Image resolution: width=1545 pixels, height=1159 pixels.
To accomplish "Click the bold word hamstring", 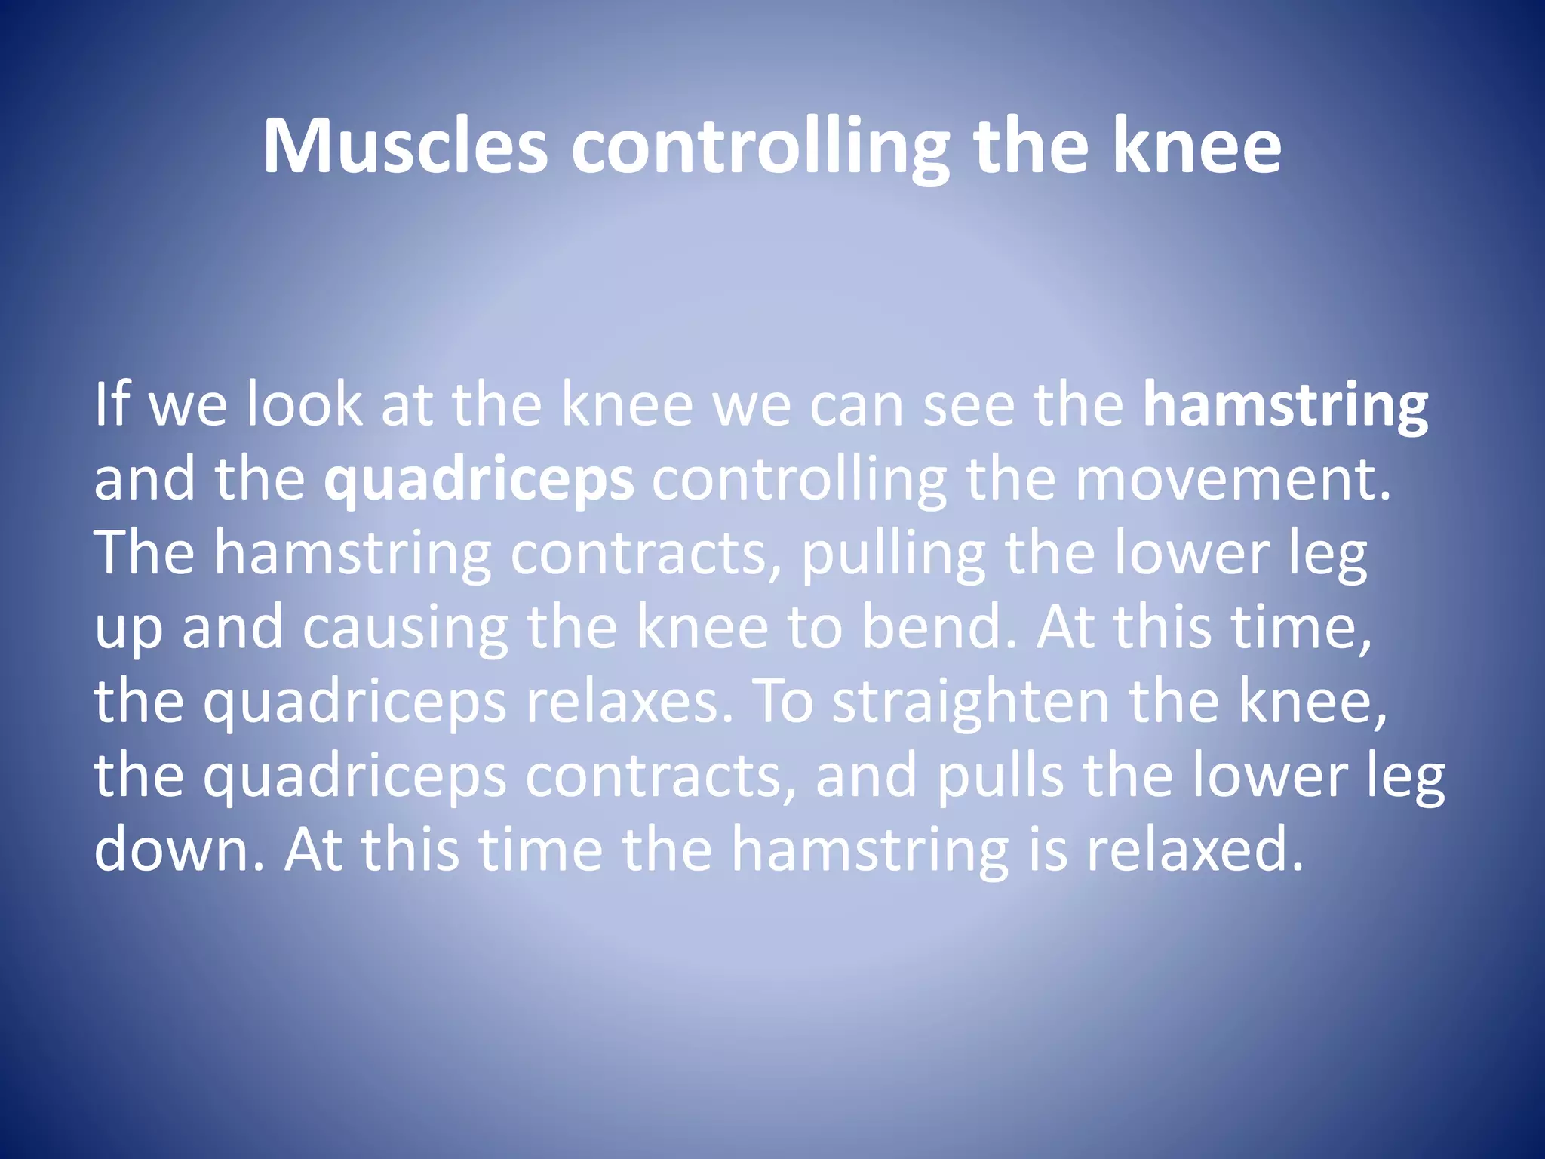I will point(1285,406).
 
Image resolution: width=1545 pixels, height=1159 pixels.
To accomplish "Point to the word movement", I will point(1233,479).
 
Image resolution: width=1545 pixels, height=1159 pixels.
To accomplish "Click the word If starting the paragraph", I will point(112,404).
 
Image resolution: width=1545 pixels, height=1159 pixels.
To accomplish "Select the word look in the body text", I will point(305,404).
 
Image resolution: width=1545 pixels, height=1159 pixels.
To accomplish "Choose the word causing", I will point(405,629).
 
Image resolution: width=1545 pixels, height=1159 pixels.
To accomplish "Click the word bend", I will point(939,627).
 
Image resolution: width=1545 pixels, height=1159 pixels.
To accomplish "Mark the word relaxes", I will point(628,702).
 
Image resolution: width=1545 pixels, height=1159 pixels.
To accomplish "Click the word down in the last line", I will point(179,849).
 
